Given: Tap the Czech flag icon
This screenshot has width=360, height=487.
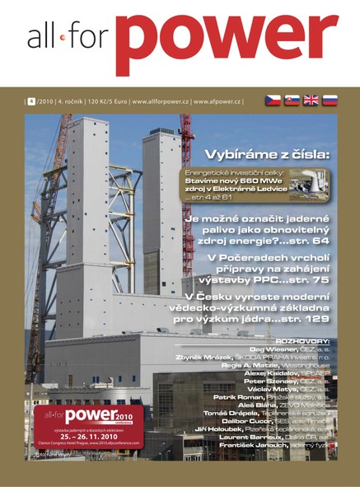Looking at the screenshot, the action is (274, 101).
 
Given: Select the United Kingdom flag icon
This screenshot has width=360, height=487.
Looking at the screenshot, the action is (311, 101).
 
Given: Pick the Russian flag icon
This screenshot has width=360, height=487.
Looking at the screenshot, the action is (330, 101).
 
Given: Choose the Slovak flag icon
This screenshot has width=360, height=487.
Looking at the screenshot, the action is (292, 101).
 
